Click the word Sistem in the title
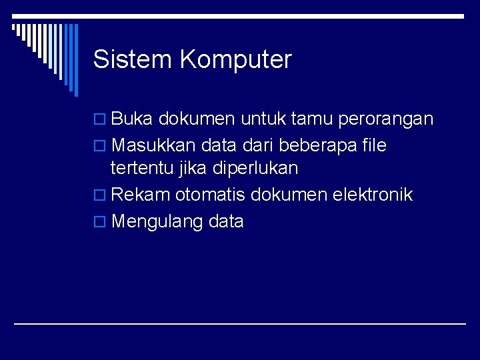coord(133,59)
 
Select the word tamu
coord(313,119)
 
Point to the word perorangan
coord(386,121)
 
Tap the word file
coord(372,145)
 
